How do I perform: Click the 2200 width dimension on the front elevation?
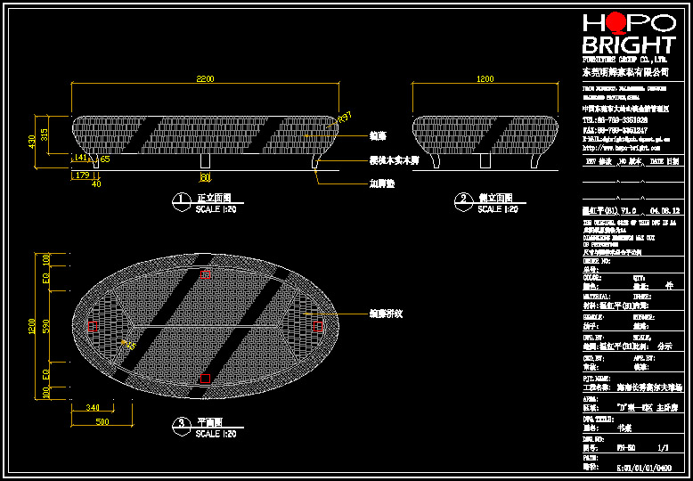205,79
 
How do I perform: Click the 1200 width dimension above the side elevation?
485,79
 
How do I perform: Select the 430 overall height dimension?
32,142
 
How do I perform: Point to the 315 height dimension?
45,133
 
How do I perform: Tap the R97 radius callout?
346,116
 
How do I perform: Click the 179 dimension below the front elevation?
83,175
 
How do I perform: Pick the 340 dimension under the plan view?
94,407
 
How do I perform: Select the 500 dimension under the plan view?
102,420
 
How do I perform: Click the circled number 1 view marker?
180,199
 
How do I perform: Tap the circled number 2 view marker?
461,199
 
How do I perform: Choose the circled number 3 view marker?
180,422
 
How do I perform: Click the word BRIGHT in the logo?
628,45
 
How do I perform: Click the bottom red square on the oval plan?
206,379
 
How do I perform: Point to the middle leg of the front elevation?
206,161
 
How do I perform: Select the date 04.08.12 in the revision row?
664,210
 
